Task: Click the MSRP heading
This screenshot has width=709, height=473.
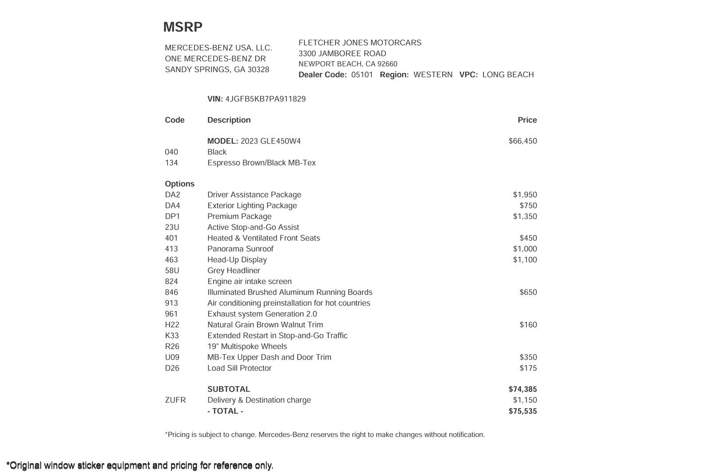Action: click(x=183, y=27)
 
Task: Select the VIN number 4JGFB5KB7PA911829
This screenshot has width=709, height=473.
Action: click(x=265, y=99)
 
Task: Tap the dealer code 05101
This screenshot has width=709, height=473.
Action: click(x=362, y=74)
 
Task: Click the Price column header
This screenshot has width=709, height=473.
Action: click(x=527, y=120)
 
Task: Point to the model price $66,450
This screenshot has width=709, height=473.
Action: click(x=522, y=141)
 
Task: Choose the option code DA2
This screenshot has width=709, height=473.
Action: click(x=172, y=195)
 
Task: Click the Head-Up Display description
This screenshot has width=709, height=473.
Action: click(x=237, y=260)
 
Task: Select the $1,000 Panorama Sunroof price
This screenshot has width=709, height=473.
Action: click(x=525, y=249)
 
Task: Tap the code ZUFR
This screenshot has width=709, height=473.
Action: click(x=175, y=400)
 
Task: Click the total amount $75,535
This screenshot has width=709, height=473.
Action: click(x=522, y=411)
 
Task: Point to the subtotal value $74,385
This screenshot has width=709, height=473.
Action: click(x=522, y=389)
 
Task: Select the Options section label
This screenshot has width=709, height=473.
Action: click(x=179, y=184)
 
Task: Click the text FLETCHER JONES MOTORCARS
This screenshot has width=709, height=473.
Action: click(x=360, y=43)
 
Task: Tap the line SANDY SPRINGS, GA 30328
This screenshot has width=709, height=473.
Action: click(x=217, y=70)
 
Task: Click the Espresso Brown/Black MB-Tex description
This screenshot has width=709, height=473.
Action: click(x=261, y=163)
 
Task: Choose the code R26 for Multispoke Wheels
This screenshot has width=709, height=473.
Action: click(x=172, y=346)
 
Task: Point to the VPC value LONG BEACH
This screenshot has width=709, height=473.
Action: click(x=508, y=74)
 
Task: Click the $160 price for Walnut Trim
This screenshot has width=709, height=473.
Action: click(x=528, y=325)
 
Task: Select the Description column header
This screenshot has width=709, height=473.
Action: click(x=229, y=120)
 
